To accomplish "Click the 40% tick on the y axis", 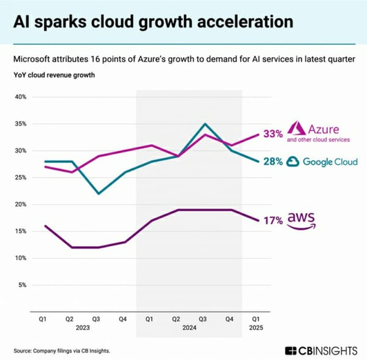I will tap(20, 97).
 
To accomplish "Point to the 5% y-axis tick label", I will tap(22, 285).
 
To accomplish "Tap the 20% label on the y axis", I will tap(20, 204).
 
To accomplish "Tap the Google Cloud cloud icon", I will tap(294, 162).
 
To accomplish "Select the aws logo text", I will tap(303, 219).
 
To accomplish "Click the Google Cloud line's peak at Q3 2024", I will tap(205, 124).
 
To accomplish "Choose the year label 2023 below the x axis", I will tap(83, 327).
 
